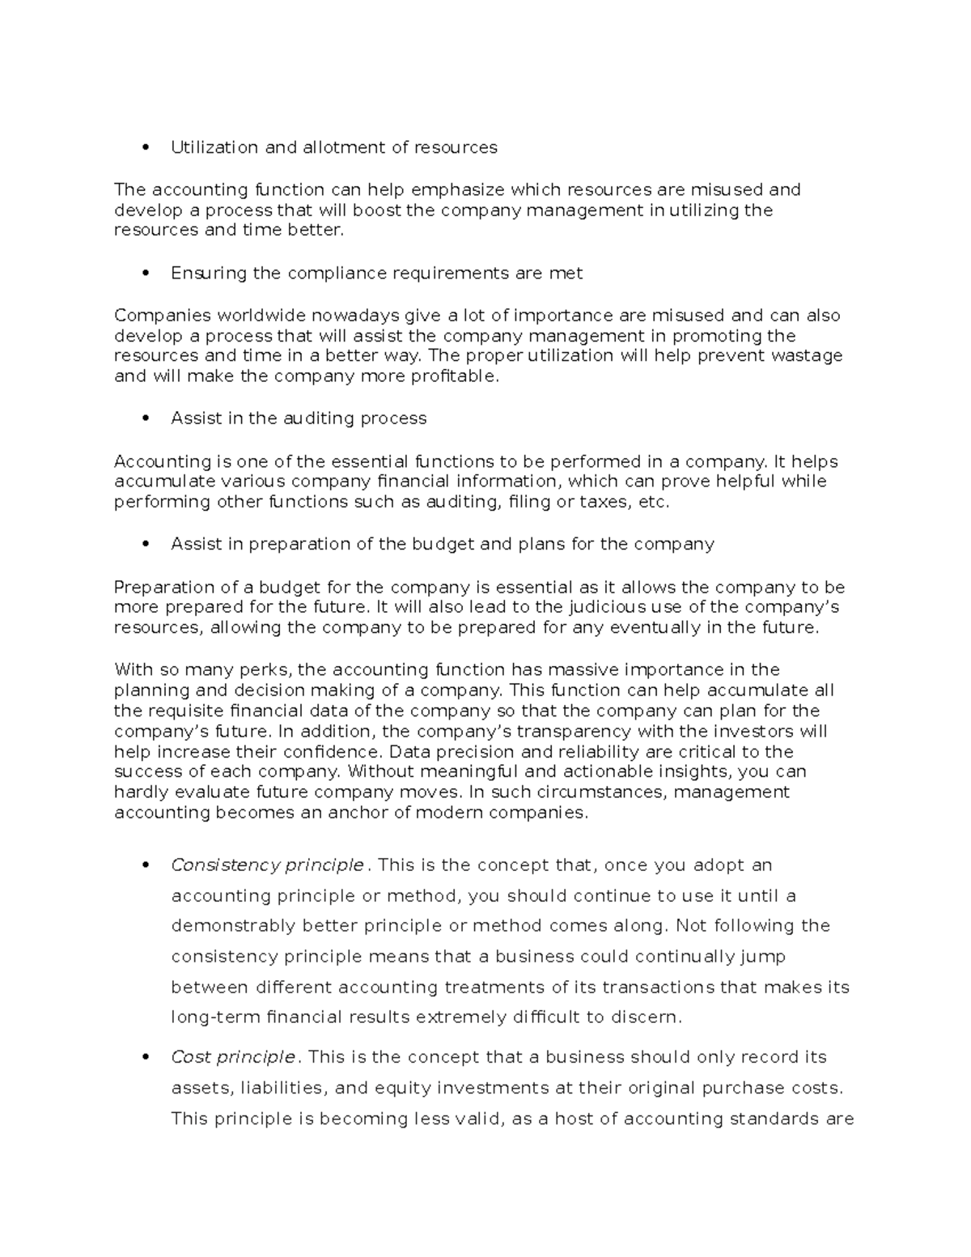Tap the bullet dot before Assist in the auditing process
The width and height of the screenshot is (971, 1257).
click(x=146, y=419)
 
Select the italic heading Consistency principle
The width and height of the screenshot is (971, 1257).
click(x=267, y=865)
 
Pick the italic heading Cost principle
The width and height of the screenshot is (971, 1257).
click(x=233, y=1057)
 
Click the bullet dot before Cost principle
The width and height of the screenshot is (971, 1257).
click(x=146, y=1058)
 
